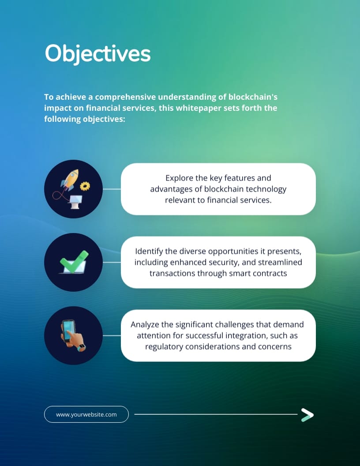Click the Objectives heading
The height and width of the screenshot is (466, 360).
coord(97,54)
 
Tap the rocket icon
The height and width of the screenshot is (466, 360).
coord(70,180)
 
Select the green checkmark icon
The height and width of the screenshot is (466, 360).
coord(74,262)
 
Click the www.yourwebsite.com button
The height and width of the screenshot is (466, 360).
coord(86,414)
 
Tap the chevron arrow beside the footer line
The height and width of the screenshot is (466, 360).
coord(307,415)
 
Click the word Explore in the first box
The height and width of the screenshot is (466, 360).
coord(179,178)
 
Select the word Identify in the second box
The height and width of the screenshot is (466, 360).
coord(149,251)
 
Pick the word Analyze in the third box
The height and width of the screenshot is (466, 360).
coord(145,324)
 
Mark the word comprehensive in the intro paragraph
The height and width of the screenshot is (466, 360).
coord(125,97)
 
